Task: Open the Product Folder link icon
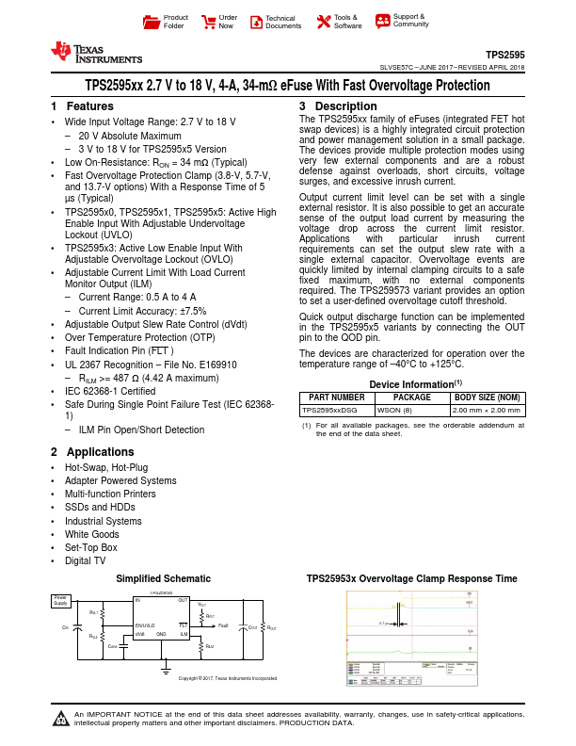(x=151, y=22)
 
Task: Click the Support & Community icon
(x=382, y=21)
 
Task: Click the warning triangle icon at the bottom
(x=61, y=722)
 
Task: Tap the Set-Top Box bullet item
(x=91, y=546)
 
